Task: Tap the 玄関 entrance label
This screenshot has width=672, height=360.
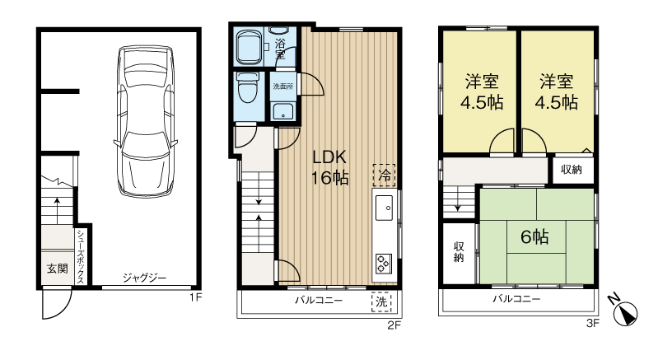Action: tap(57, 268)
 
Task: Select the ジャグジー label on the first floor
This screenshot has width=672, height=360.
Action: tap(145, 278)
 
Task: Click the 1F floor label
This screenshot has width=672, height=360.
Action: tap(194, 297)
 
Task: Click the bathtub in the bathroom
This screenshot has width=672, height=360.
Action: tap(248, 47)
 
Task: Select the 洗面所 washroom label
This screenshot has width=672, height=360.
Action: tap(282, 86)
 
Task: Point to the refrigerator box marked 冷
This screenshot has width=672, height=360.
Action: tap(384, 175)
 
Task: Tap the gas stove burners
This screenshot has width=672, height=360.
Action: tap(384, 263)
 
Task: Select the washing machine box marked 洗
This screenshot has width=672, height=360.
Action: tap(382, 302)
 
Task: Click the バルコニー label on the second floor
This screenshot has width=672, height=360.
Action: tap(319, 302)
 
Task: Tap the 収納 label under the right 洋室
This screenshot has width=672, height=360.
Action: tap(572, 170)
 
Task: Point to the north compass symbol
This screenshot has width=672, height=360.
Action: tap(628, 311)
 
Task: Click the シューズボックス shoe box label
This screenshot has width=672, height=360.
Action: tap(81, 256)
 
